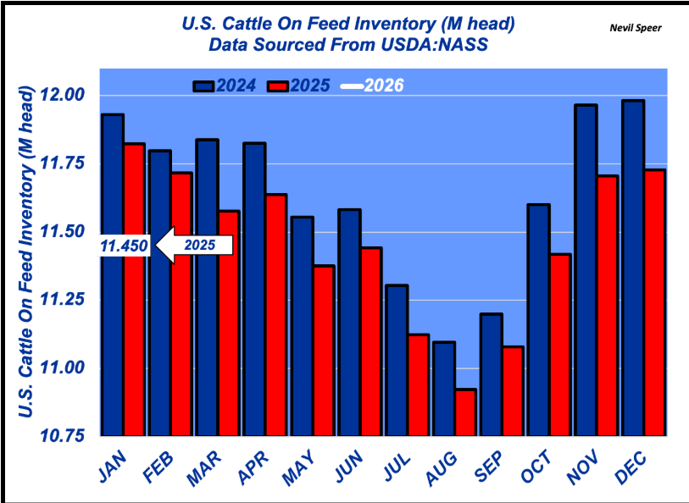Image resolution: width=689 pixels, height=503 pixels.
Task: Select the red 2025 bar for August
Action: tap(466, 413)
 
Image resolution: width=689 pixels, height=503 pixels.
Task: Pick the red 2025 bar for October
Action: tap(561, 345)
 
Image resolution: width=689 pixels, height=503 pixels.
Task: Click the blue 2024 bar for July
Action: tap(397, 361)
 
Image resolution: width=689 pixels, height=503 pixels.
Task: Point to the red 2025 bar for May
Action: tap(324, 351)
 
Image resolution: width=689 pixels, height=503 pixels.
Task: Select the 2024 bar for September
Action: tap(491, 375)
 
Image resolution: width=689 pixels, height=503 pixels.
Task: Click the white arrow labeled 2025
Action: tap(197, 246)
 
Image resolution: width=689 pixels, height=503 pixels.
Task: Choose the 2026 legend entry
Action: tap(373, 86)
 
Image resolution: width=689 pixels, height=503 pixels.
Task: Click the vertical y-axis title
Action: tap(26, 254)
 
